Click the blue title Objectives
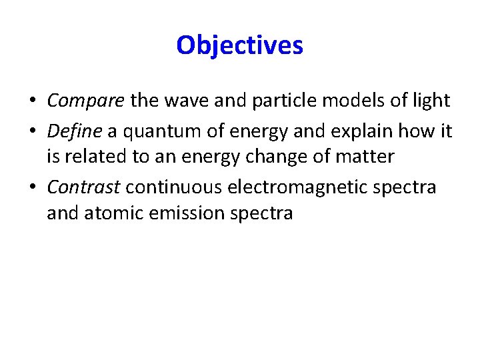pos(240,45)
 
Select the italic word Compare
pos(85,101)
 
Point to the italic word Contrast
pos(83,187)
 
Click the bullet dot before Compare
pos(32,101)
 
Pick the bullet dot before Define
pos(32,131)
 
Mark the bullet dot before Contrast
pos(32,187)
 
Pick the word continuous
pos(174,187)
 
